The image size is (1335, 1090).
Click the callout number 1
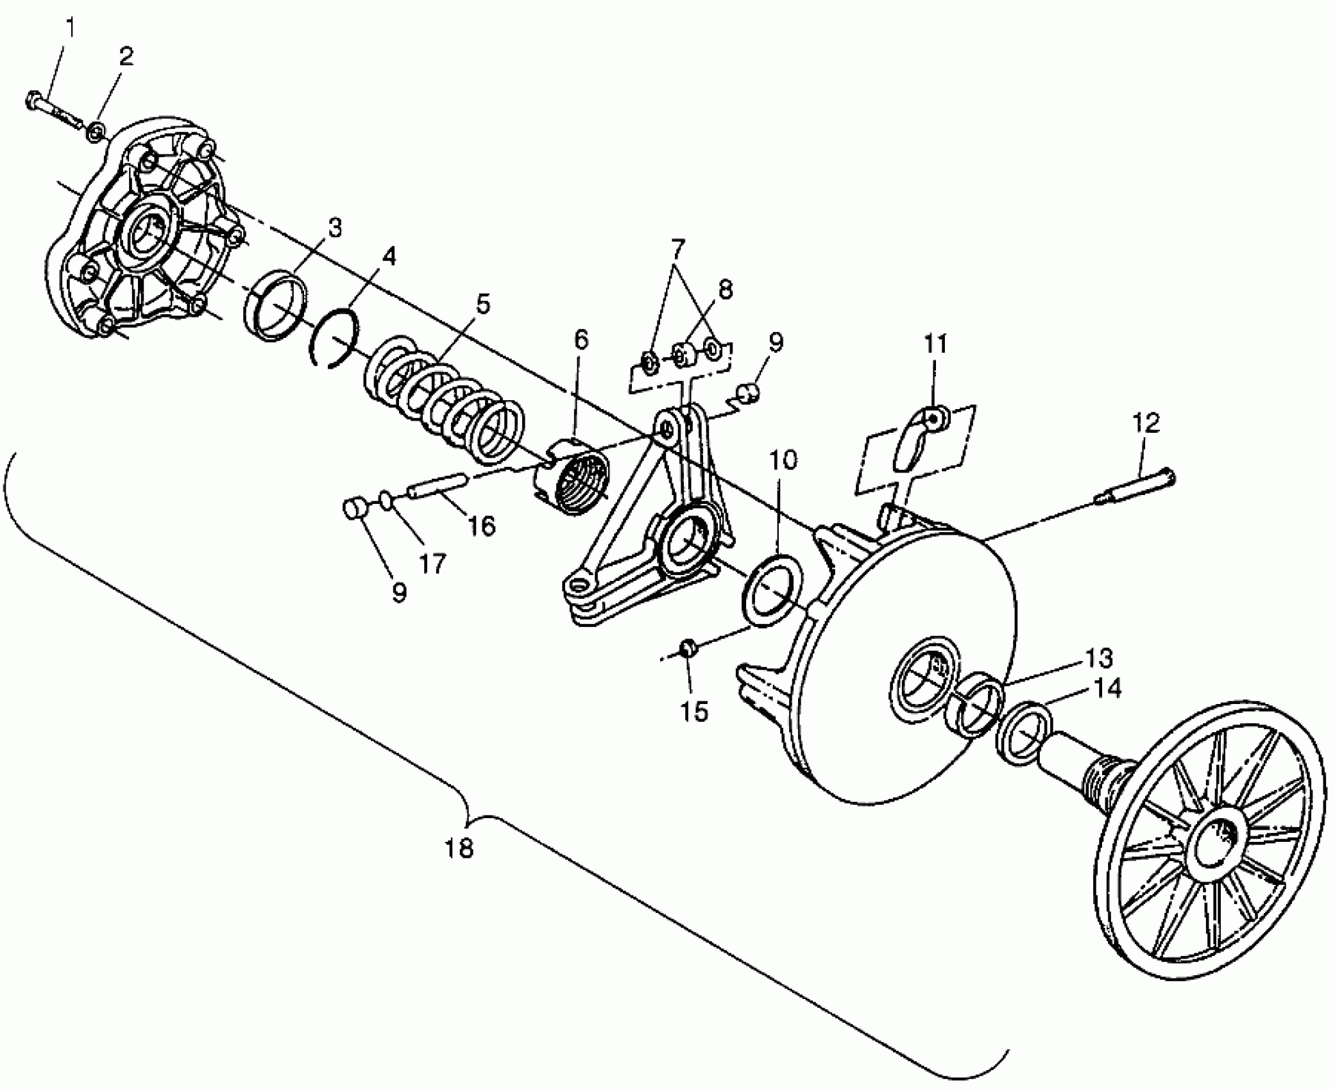70,29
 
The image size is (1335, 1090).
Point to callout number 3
335,228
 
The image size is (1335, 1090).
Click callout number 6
581,340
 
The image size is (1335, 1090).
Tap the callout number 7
678,247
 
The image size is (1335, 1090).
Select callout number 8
724,290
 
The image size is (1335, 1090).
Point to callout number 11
935,345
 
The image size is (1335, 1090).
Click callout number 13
1098,658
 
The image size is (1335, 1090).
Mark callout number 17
432,564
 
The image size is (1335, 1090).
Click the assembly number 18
459,848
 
